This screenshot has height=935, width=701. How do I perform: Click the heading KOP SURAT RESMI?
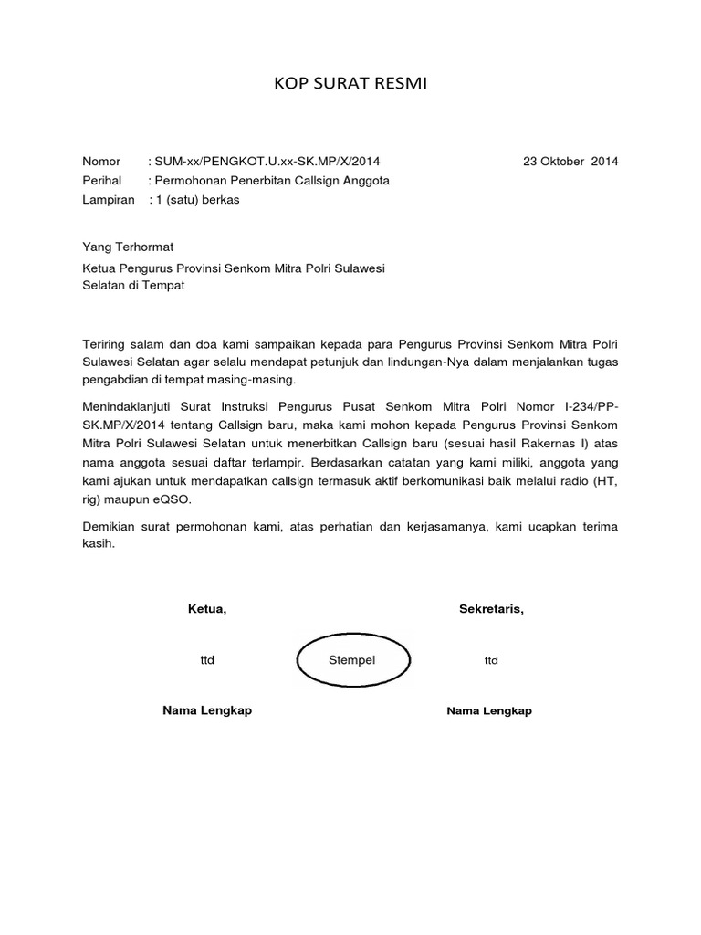point(350,86)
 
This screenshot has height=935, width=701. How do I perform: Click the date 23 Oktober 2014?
point(570,162)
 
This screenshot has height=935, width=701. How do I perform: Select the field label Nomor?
point(101,162)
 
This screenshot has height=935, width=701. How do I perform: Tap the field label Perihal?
point(102,181)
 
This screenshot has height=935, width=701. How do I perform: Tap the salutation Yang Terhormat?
point(128,247)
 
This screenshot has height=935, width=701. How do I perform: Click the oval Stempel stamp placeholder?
point(351,660)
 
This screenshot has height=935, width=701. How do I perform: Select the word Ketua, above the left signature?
point(206,610)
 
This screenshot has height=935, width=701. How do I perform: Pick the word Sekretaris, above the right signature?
point(491,610)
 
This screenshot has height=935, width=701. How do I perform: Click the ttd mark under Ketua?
point(206,660)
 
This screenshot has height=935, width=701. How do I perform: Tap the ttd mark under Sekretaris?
point(491,660)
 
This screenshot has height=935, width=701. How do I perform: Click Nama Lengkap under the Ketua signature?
point(206,711)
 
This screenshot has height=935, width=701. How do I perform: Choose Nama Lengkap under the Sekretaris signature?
point(489,711)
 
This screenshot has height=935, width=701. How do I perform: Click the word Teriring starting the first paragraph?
point(105,342)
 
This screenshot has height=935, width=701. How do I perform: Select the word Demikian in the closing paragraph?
point(110,526)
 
